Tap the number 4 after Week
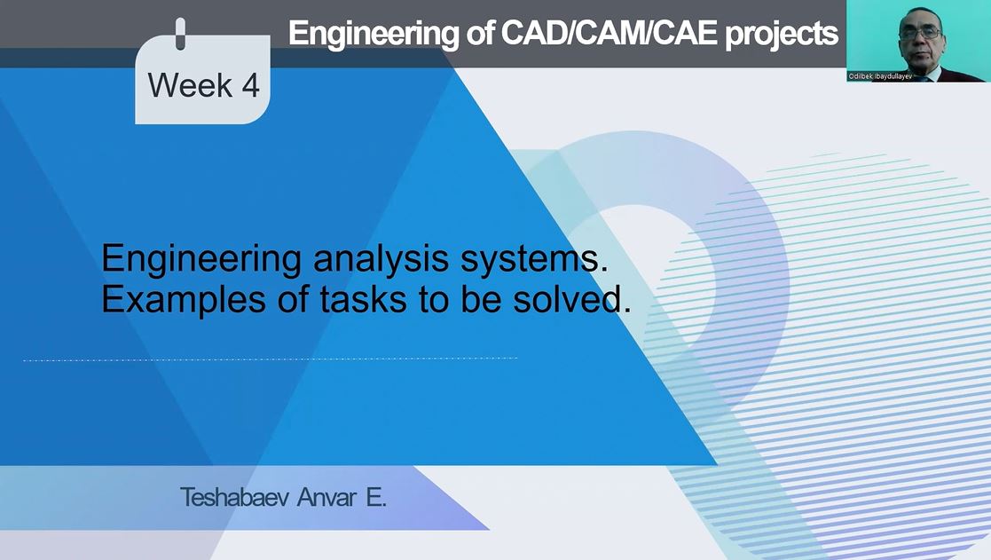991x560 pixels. pos(250,84)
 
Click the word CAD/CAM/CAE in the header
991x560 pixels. pos(609,33)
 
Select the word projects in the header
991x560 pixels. pos(781,35)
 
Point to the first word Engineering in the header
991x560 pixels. pos(374,35)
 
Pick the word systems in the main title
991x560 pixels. pos(534,259)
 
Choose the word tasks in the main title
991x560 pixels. pos(364,299)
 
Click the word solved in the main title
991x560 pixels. pos(571,299)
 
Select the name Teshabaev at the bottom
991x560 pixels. pos(234,497)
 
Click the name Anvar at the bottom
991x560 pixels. pos(326,497)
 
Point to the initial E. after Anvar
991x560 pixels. pos(376,497)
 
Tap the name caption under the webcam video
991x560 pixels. pos(880,76)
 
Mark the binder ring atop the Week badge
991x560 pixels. pos(180,34)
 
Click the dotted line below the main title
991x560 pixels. pos(270,359)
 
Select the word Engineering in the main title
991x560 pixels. pos(201,259)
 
